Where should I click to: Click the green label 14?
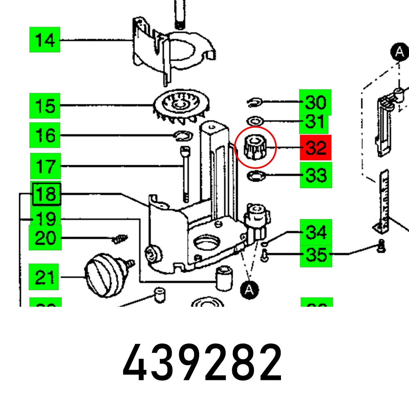(45, 40)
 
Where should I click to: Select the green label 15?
(45, 106)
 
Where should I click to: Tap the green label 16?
(45, 135)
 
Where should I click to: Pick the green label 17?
(45, 166)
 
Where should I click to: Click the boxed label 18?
(46, 193)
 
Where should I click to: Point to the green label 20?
(45, 237)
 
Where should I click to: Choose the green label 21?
(45, 277)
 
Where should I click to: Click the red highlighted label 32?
(316, 147)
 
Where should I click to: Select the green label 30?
(315, 102)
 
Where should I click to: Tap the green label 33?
(315, 175)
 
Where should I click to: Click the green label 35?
(315, 254)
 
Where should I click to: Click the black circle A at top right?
(399, 52)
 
